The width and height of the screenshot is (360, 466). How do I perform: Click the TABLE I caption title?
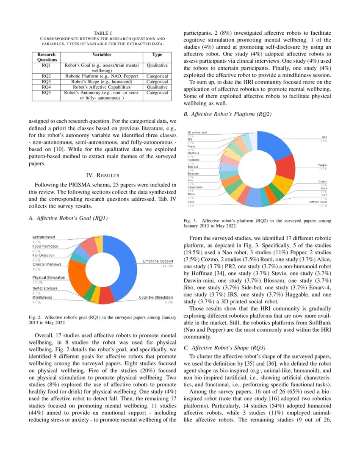(102, 33)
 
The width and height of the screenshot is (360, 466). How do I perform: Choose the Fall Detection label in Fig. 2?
(44, 255)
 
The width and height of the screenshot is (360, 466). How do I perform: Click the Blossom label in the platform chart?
(193, 174)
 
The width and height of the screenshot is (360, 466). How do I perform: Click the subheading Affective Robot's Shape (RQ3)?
(224, 348)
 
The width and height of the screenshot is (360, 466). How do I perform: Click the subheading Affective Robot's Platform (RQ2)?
(227, 114)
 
